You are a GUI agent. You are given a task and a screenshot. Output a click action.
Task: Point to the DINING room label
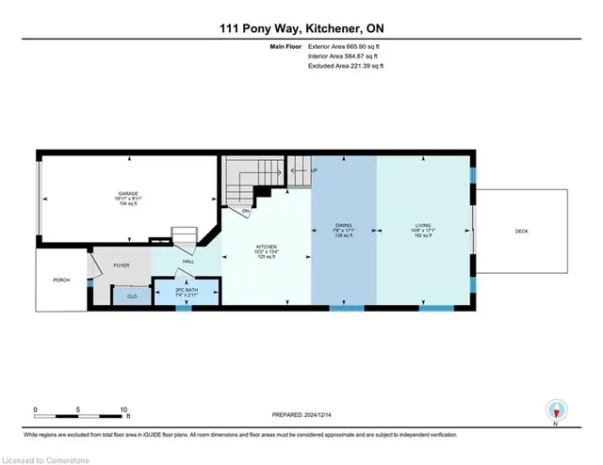(344, 227)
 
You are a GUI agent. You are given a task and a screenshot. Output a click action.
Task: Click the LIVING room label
(424, 227)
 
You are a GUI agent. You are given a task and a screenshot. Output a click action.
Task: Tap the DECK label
(521, 232)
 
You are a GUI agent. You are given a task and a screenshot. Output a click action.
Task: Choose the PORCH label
(61, 280)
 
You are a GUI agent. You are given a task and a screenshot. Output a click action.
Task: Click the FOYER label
(122, 265)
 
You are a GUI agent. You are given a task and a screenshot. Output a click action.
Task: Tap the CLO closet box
(131, 297)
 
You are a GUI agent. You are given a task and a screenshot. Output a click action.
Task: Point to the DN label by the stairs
(246, 211)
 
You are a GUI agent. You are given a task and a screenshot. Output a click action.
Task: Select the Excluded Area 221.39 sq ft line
(346, 67)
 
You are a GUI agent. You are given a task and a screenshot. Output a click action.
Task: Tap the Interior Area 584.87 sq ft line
(345, 56)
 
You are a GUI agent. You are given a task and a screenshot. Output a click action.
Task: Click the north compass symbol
(556, 410)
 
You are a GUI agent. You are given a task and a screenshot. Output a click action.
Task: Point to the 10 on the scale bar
(123, 410)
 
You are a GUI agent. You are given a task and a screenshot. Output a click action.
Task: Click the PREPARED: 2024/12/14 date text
(301, 413)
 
